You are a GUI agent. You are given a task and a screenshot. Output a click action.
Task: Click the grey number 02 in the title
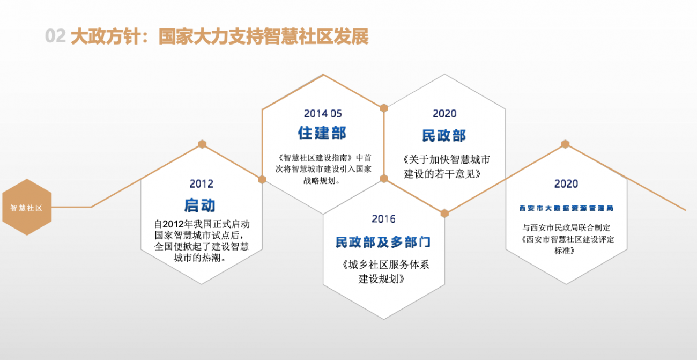point(55,36)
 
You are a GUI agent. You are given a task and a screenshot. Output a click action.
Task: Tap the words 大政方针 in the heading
point(106,36)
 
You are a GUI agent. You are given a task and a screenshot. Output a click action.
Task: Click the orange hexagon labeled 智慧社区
point(27,207)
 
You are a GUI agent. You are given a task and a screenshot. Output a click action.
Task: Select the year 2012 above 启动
point(202,183)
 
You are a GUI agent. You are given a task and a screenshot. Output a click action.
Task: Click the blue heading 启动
point(200,205)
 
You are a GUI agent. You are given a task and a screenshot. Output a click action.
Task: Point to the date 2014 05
point(323,114)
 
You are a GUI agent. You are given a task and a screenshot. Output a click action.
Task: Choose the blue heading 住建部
point(322,133)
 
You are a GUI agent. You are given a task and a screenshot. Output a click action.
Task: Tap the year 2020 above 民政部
point(444,114)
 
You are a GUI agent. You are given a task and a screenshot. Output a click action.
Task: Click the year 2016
point(384,219)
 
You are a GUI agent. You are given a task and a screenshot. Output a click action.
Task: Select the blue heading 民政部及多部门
point(383,243)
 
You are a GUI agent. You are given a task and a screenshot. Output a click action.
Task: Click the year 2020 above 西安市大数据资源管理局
point(566,183)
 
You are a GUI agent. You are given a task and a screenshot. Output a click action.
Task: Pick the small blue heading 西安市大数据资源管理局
point(566,208)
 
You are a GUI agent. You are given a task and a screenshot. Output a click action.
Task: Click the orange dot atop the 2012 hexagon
point(202,144)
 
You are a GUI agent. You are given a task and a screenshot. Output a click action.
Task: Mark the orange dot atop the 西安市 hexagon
point(566,144)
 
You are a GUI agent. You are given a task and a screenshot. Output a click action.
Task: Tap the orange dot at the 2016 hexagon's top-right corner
point(444,214)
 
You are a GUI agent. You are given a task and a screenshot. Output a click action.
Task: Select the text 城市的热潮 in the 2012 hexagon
point(197,258)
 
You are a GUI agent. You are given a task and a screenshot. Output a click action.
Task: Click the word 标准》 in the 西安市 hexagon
point(564,251)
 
